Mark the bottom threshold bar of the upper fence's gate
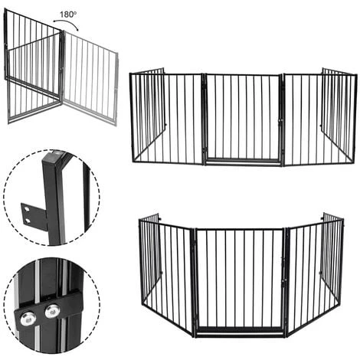[x=243, y=161]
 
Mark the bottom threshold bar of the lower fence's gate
[x=239, y=331]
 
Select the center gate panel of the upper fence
[x=243, y=119]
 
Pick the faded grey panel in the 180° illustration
[x=90, y=80]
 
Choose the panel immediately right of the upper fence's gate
[x=303, y=119]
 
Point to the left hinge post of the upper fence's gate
[x=205, y=119]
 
